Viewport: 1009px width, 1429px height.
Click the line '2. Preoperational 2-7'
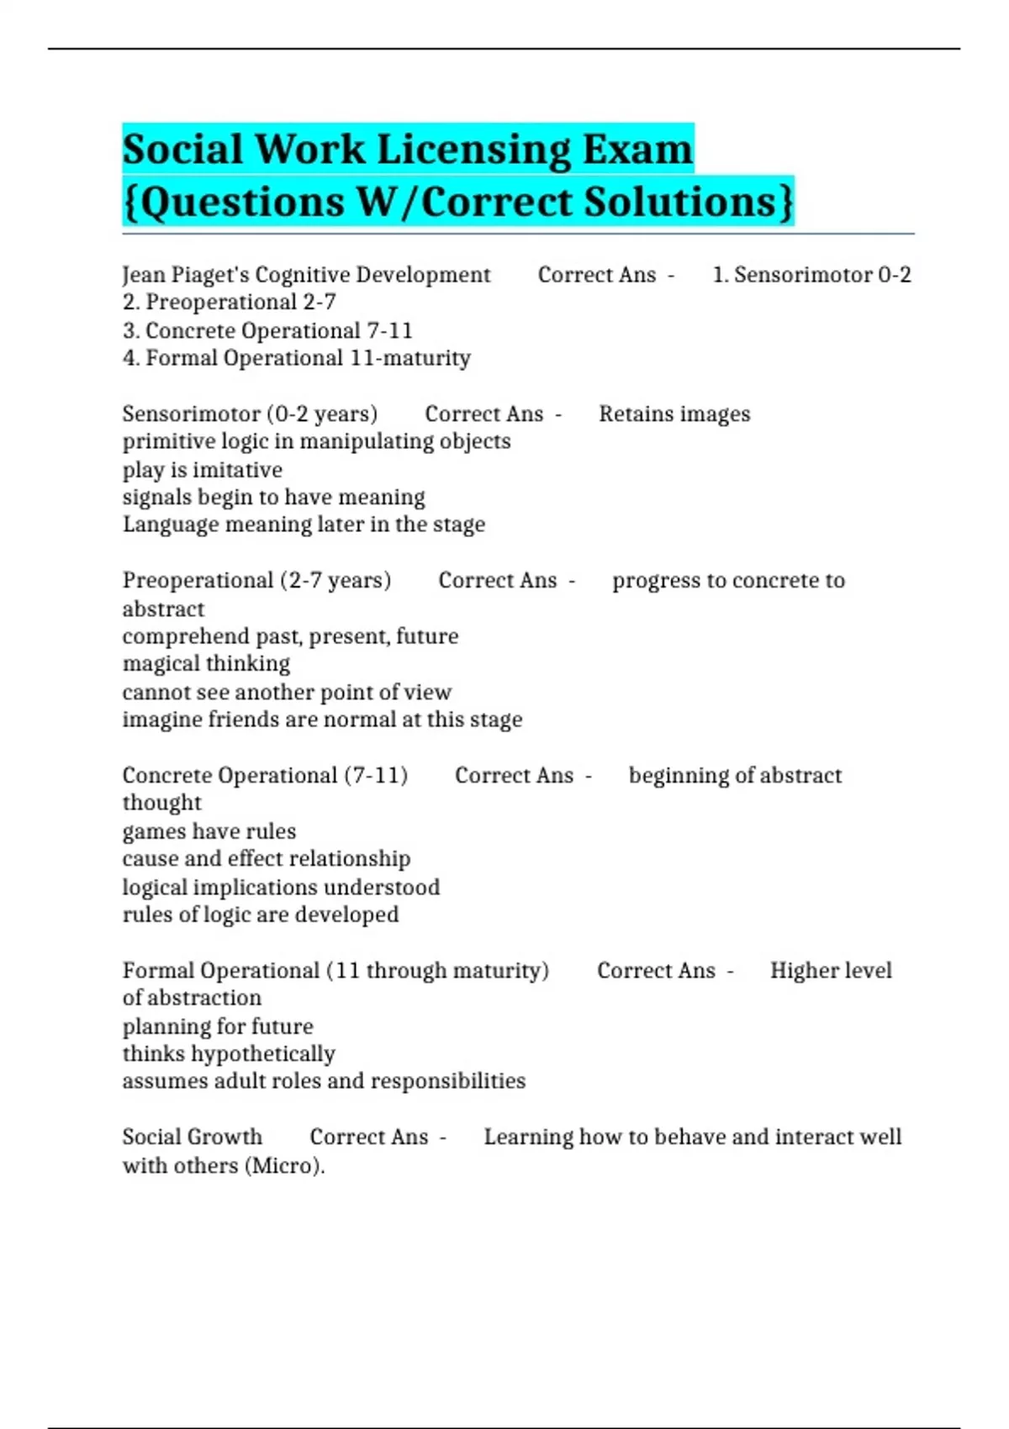(x=229, y=302)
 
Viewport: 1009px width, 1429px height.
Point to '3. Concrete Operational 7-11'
(x=267, y=330)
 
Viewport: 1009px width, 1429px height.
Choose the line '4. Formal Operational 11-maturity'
(x=296, y=358)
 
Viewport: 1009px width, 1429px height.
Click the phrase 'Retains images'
(x=674, y=414)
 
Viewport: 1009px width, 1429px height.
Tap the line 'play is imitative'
(x=202, y=470)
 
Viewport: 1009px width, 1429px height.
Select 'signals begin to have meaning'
(x=273, y=497)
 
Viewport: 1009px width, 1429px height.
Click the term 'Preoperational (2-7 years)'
(x=256, y=580)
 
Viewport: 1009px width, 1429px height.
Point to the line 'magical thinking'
(x=206, y=663)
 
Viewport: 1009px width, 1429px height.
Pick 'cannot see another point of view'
(x=287, y=692)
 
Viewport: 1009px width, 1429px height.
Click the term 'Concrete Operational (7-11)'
(x=265, y=775)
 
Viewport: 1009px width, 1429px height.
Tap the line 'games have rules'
(x=209, y=831)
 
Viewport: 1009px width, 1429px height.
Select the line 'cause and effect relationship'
(x=267, y=858)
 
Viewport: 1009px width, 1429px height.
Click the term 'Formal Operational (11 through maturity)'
(x=335, y=970)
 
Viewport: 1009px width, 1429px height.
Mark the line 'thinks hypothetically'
(x=229, y=1053)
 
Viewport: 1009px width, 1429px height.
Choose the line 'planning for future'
(x=218, y=1026)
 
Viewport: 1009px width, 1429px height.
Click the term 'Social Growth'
(x=192, y=1136)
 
